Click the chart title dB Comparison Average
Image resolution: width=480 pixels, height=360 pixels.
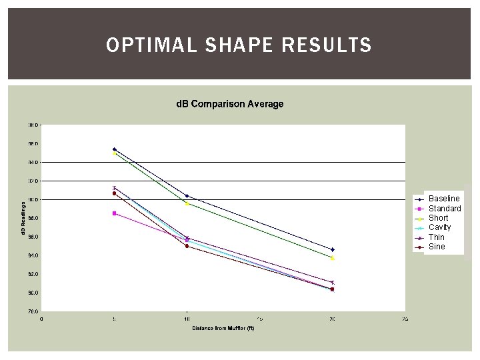tap(229, 104)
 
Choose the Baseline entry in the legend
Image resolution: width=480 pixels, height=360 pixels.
tap(444, 199)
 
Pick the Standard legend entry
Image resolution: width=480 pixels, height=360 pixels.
tap(445, 209)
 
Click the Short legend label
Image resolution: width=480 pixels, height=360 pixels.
tap(438, 218)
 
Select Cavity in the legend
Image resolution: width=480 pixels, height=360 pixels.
tap(439, 227)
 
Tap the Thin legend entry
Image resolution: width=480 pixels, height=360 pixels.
tap(436, 237)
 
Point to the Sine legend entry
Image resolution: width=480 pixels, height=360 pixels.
tap(436, 247)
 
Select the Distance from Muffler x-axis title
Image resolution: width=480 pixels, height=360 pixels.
tap(223, 328)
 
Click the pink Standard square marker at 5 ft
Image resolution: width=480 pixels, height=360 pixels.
tap(115, 213)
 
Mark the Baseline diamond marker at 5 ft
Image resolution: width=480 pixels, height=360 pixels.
tap(115, 149)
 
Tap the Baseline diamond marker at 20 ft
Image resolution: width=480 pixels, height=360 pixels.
tap(332, 249)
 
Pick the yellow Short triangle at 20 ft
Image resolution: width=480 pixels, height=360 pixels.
tap(332, 258)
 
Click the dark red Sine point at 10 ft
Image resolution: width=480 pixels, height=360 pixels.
tap(187, 246)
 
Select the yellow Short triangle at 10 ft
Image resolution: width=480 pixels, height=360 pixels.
tap(187, 203)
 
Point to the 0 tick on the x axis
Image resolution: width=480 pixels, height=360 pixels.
tap(42, 319)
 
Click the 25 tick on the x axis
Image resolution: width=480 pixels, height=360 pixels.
tap(405, 319)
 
